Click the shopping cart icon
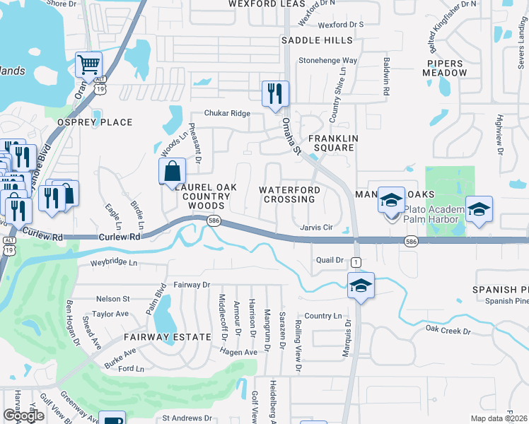(89, 66)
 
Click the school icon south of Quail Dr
(361, 285)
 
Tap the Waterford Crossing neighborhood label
(289, 195)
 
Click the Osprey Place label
(99, 122)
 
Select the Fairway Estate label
(168, 337)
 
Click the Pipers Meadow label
(445, 67)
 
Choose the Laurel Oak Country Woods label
(204, 196)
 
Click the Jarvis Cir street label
(316, 228)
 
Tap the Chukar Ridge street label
(227, 113)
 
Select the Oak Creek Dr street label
(448, 331)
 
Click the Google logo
(23, 416)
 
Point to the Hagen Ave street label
(240, 351)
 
